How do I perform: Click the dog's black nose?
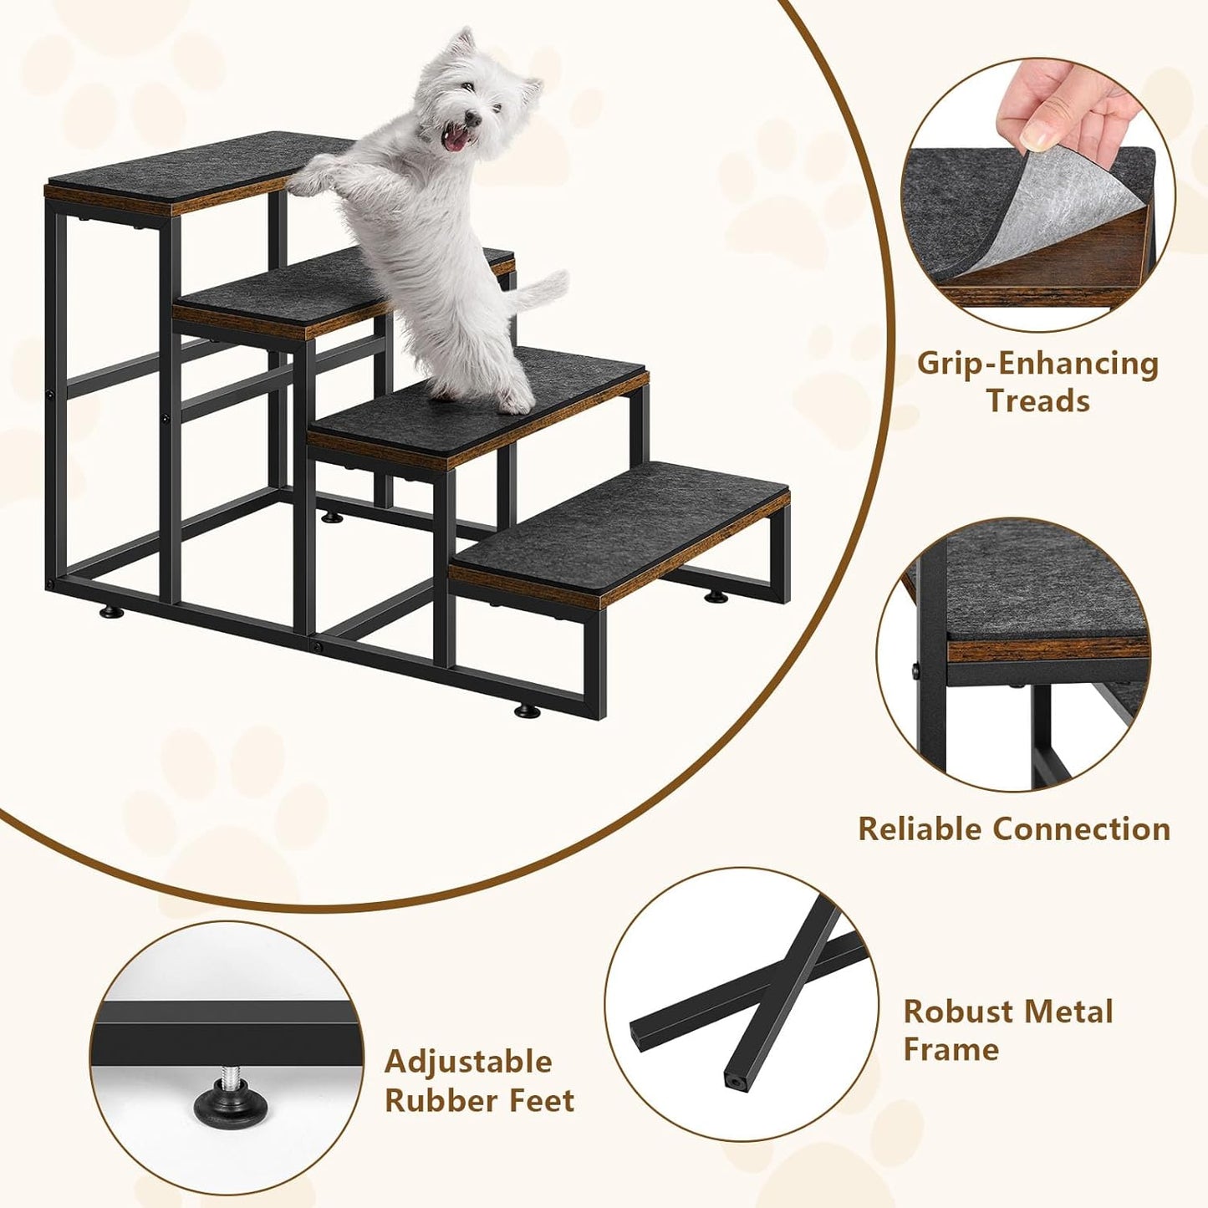(473, 119)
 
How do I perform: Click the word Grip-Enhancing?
(1037, 364)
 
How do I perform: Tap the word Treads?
(1037, 400)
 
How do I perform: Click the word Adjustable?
(468, 1062)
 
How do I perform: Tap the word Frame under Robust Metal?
(951, 1049)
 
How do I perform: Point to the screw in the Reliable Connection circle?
(917, 670)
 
